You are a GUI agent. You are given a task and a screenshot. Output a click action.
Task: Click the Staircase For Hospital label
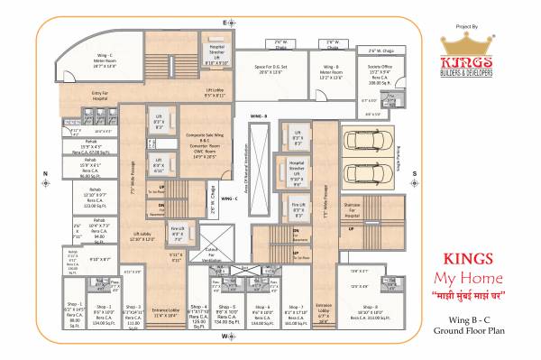pos(353,208)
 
